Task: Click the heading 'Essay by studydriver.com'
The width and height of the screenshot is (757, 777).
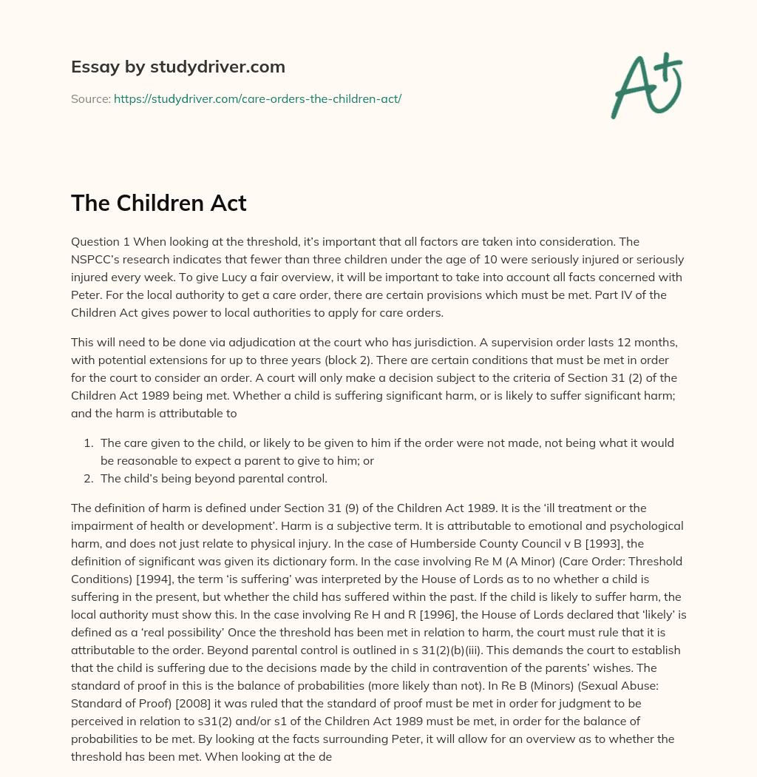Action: pyautogui.click(x=177, y=67)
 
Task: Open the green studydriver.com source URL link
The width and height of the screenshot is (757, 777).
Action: pyautogui.click(x=257, y=98)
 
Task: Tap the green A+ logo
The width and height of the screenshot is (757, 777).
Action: pyautogui.click(x=645, y=85)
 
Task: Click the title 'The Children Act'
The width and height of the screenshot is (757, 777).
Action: pyautogui.click(x=158, y=203)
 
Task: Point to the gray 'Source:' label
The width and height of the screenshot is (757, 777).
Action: pyautogui.click(x=90, y=98)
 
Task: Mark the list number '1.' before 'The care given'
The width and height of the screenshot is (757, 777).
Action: pyautogui.click(x=88, y=443)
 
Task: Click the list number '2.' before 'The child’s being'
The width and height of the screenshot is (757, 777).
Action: pyautogui.click(x=88, y=478)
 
